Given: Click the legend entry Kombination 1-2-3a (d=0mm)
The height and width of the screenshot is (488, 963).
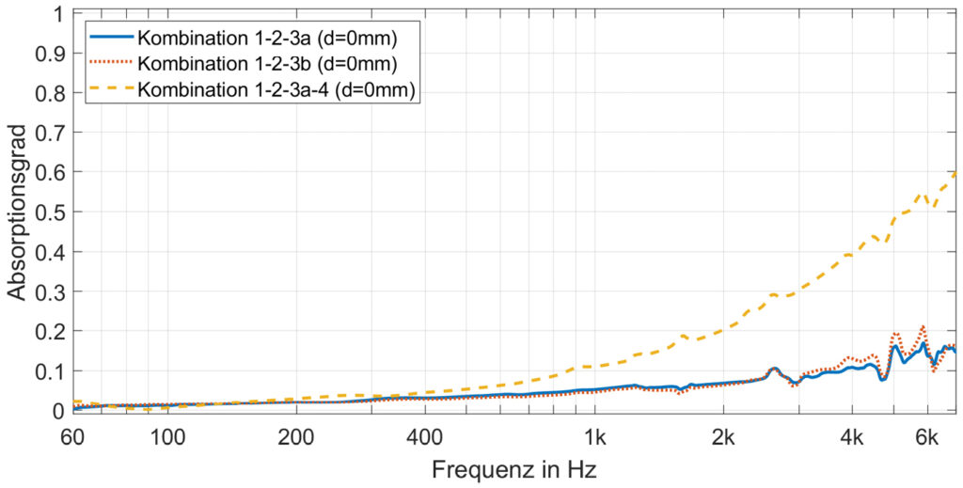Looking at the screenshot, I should pyautogui.click(x=265, y=39).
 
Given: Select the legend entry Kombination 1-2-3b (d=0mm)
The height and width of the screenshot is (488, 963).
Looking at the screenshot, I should pyautogui.click(x=265, y=64).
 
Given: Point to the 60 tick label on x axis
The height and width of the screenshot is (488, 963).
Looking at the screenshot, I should pyautogui.click(x=71, y=436).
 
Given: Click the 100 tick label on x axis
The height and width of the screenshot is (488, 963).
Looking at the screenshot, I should pyautogui.click(x=167, y=436).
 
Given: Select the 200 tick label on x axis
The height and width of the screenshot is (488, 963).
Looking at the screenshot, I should pyautogui.click(x=295, y=436).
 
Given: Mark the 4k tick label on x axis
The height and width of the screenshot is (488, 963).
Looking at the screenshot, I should pyautogui.click(x=851, y=436).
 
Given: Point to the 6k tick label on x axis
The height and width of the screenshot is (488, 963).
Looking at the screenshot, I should pyautogui.click(x=927, y=436).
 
